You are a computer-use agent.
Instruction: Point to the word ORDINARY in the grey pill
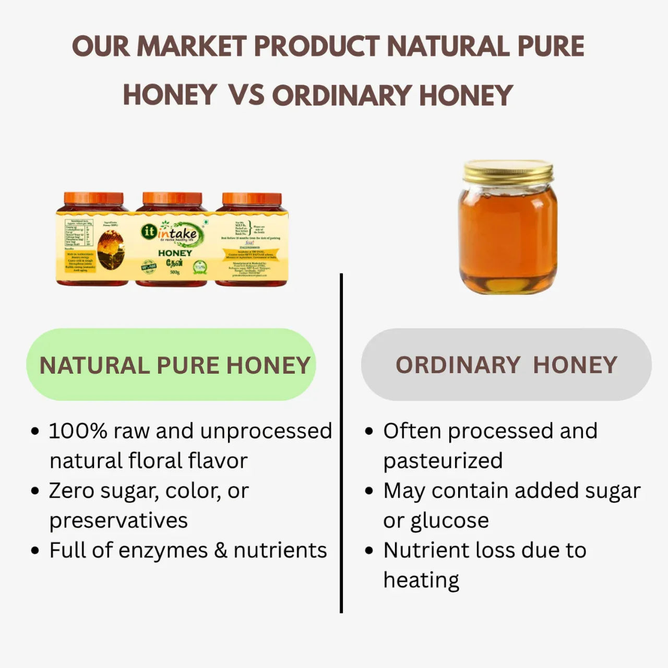tap(458, 365)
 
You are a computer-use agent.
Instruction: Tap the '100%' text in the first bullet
tap(78, 431)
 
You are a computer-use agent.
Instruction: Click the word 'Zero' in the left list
tap(71, 491)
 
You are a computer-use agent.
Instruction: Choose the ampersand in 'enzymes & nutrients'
tap(221, 551)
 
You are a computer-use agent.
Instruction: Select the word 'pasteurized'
tap(443, 461)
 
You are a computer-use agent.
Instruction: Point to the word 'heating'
tap(421, 580)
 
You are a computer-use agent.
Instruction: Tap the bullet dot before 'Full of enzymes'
tap(35, 551)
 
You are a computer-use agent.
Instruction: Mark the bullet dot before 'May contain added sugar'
tap(369, 492)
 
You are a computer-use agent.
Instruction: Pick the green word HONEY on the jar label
tap(175, 253)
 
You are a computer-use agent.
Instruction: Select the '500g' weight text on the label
tap(175, 272)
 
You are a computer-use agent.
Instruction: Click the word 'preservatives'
tap(118, 521)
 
